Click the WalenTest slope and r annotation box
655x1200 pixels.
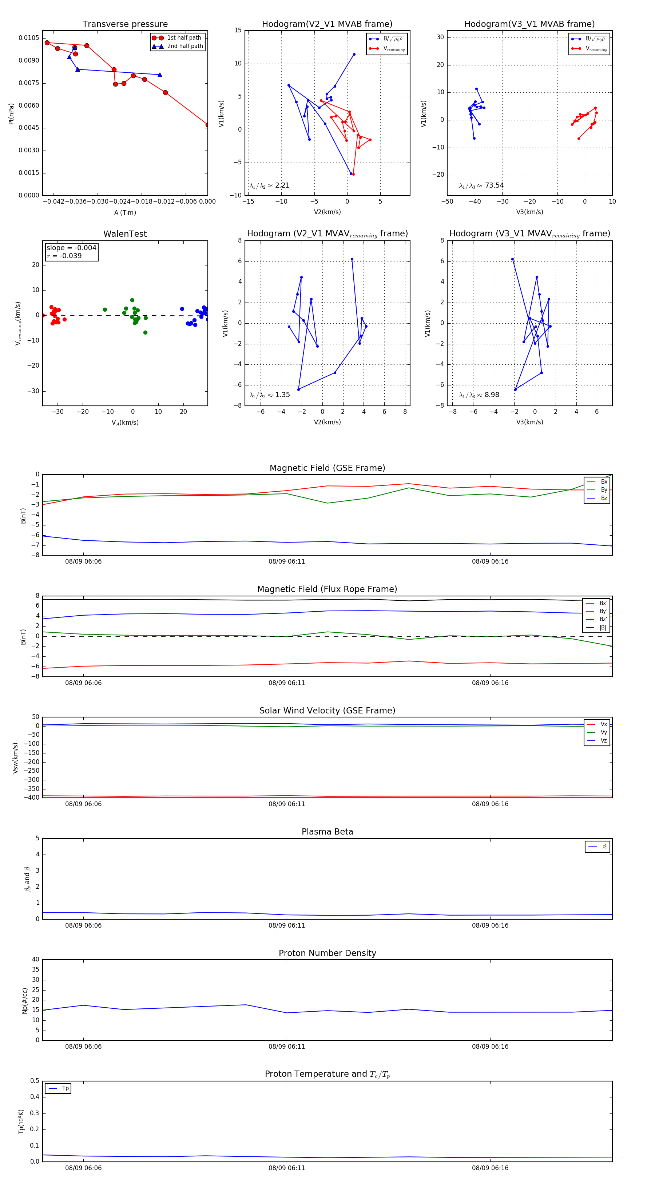coord(71,252)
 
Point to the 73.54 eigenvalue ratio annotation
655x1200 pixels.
coord(481,185)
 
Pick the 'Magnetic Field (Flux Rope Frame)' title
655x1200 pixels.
coord(327,589)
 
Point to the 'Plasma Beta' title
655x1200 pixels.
coord(327,832)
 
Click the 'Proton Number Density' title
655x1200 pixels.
coord(327,953)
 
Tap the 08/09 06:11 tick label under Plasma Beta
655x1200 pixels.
coord(286,925)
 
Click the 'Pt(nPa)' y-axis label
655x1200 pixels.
coord(11,114)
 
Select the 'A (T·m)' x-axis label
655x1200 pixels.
coord(125,213)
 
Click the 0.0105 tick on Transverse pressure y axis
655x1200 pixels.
coord(29,38)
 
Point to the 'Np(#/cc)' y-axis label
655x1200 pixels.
coord(25,1001)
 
